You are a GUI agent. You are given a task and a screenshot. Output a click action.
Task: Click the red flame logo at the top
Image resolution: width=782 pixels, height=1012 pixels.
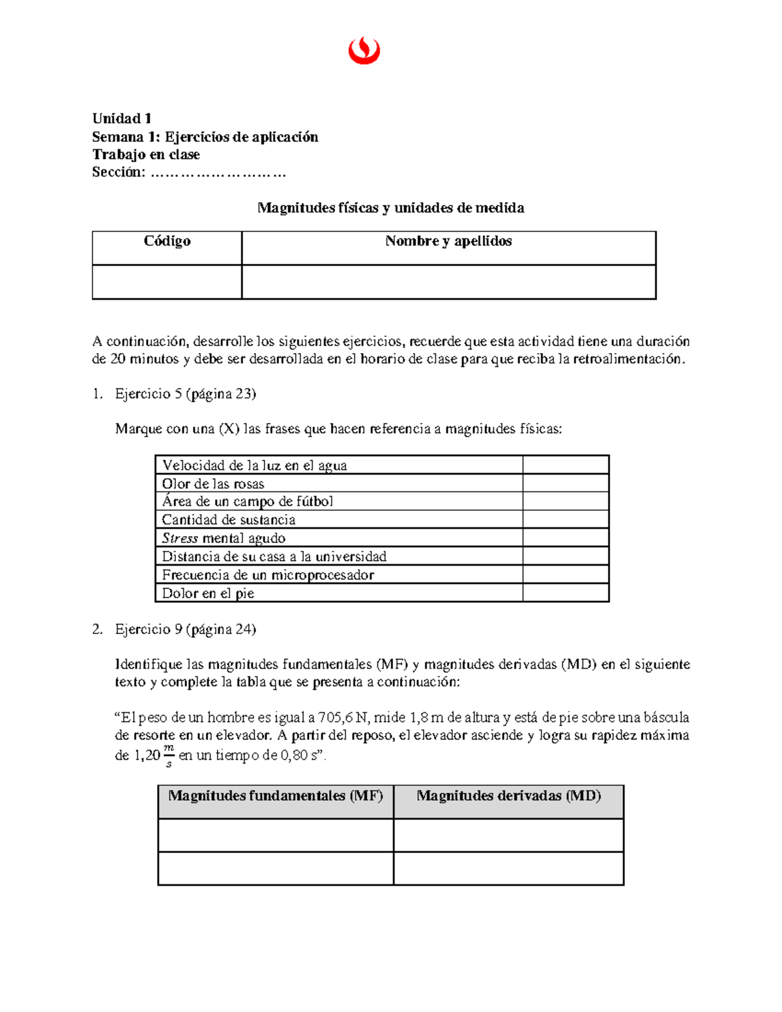[x=364, y=51]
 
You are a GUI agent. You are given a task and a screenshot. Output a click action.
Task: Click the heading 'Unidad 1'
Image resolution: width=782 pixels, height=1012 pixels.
[x=122, y=119]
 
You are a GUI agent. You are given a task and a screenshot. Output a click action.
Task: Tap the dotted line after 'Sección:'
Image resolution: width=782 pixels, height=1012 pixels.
[x=218, y=173]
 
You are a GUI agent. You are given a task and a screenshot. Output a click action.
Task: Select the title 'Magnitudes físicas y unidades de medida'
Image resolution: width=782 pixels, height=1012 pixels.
[x=390, y=208]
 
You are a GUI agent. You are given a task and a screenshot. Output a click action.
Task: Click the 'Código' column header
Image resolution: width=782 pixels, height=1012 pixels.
[x=167, y=242]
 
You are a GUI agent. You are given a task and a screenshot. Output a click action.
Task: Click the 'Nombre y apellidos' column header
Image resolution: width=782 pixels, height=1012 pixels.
[x=448, y=242]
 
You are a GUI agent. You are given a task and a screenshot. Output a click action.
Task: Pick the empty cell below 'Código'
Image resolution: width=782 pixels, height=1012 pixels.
[x=167, y=282]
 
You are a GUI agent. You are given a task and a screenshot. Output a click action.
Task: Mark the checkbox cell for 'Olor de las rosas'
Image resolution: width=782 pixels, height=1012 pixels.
[x=566, y=484]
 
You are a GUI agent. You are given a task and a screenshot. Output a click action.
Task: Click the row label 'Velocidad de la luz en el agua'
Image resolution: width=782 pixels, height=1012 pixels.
[x=254, y=465]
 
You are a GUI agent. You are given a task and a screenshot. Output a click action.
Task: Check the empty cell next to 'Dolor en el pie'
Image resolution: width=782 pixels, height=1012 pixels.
[x=566, y=593]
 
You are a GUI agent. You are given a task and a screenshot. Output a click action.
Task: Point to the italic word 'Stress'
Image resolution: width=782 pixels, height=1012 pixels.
[x=180, y=538]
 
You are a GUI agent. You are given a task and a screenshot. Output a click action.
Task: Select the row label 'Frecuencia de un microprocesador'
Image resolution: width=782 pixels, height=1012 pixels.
[x=268, y=575]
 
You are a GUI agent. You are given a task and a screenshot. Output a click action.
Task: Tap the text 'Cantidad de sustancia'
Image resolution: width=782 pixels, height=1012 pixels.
[x=229, y=520]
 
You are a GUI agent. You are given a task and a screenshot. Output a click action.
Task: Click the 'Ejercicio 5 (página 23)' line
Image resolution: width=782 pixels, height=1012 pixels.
[x=185, y=394]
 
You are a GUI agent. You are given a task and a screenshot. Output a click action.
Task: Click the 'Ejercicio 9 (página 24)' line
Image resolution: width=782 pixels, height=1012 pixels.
[x=185, y=629]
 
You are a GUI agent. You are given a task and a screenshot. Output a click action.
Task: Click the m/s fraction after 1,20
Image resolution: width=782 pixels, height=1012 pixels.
[x=169, y=756]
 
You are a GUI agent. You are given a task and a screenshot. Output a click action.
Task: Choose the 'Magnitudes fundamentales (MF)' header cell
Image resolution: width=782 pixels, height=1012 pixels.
[x=276, y=796]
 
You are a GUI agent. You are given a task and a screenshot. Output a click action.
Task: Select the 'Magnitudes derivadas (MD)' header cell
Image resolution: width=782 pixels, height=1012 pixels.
[x=509, y=796]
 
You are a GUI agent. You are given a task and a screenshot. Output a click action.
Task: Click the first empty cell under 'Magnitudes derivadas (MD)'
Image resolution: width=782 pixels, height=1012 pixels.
[x=509, y=835]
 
